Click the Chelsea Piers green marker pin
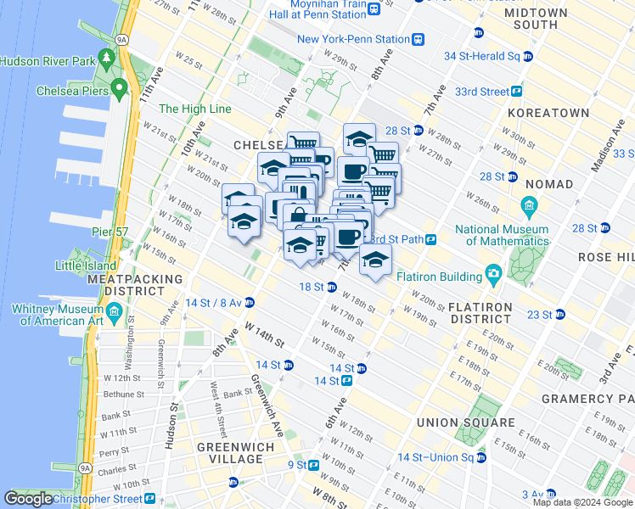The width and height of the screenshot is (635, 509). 118,87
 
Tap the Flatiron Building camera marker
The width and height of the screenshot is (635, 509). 493,273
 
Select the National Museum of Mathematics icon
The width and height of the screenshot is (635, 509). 528,206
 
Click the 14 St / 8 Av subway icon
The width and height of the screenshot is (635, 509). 250,303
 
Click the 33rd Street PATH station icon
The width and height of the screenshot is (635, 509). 515,92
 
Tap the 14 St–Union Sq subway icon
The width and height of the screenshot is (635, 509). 480,457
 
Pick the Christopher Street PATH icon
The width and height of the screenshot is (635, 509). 149,498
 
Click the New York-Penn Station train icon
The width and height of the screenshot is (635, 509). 419,39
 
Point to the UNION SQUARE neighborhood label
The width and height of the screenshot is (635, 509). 466,422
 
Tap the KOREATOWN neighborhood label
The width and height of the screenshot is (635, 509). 548,113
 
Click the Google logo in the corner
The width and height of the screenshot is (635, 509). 29,500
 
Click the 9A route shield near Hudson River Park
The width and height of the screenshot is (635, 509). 121,39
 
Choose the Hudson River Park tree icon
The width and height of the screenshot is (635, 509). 107,57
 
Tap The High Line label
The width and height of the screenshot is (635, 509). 194,109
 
